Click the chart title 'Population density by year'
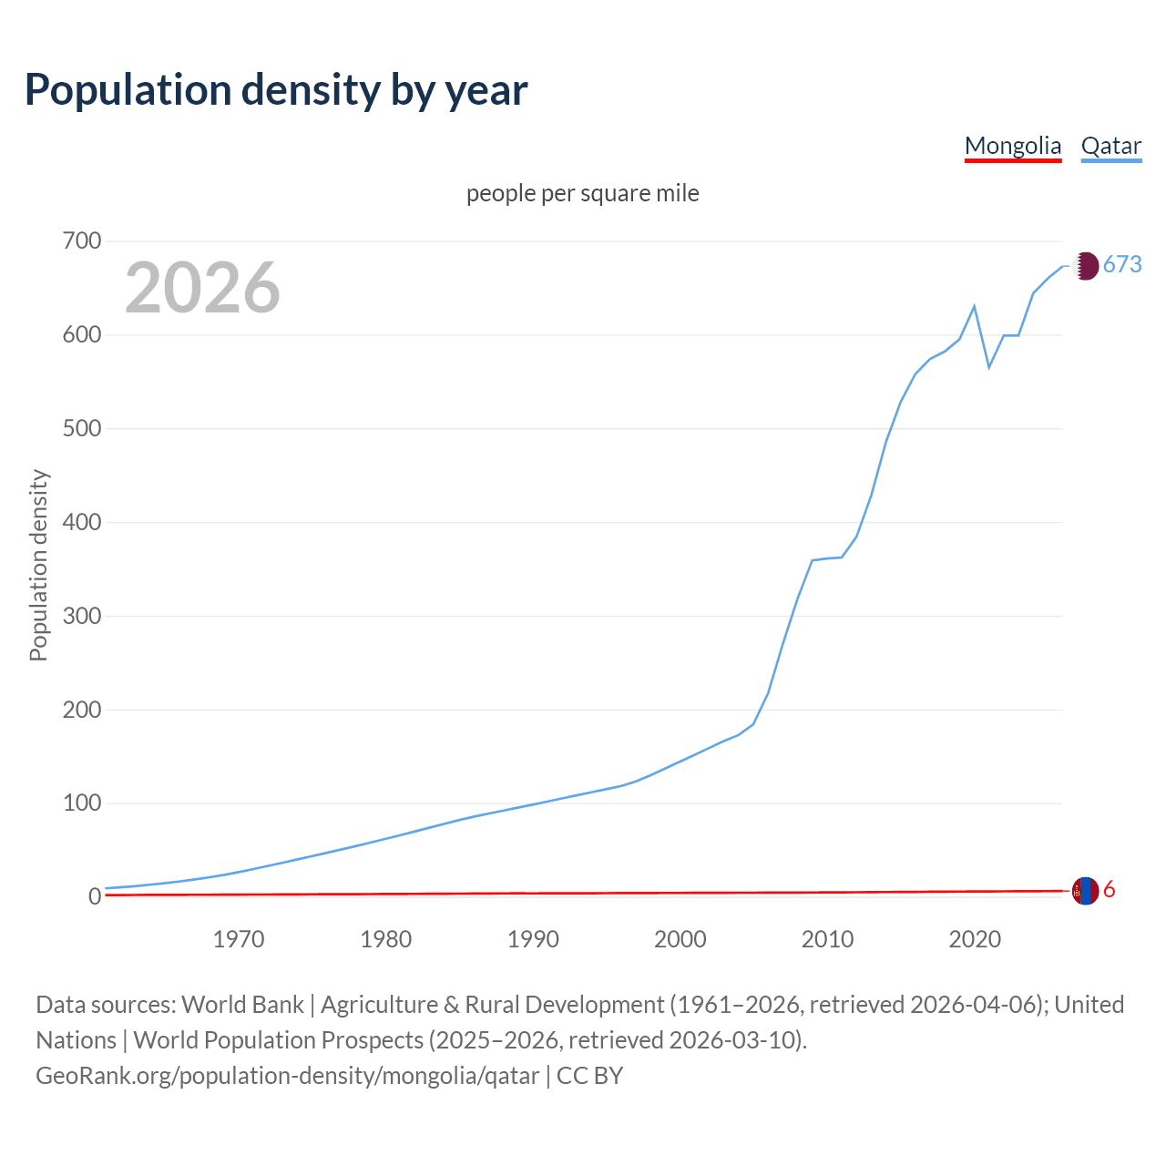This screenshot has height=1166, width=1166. [276, 90]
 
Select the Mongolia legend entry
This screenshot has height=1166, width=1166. [1012, 146]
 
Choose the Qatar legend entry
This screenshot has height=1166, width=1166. [1110, 146]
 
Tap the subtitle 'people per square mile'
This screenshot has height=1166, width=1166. [582, 193]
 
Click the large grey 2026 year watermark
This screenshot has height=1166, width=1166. [202, 288]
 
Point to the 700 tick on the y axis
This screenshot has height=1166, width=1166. [82, 241]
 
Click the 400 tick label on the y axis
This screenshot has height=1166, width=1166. [82, 523]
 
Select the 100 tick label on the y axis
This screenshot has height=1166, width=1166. [82, 803]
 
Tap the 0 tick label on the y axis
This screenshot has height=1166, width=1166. [94, 897]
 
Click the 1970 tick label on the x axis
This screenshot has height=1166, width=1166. [239, 939]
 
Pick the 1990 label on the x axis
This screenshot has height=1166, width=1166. [533, 939]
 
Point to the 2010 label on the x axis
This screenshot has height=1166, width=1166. [827, 939]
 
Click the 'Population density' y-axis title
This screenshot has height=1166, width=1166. [38, 565]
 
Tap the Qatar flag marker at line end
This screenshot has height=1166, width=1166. [1084, 266]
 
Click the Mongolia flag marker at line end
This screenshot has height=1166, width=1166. [1084, 891]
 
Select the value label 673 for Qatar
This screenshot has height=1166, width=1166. [1122, 265]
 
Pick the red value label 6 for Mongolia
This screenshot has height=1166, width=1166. [1110, 890]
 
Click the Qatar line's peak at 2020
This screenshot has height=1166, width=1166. [975, 306]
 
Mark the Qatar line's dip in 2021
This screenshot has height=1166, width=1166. [989, 367]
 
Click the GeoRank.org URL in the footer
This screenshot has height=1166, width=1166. [287, 1076]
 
